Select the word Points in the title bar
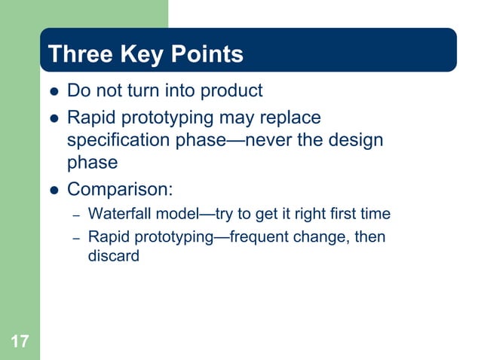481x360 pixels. (x=206, y=55)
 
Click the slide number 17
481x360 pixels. (x=20, y=343)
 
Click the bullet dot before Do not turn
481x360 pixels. (x=53, y=93)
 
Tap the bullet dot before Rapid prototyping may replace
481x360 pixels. (x=53, y=119)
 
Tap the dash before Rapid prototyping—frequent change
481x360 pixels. (x=76, y=239)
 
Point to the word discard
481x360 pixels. (x=114, y=256)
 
